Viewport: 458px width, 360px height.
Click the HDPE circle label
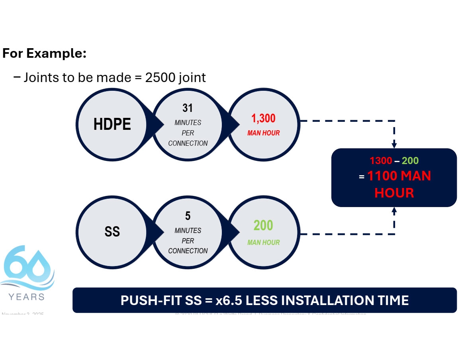pyautogui.click(x=112, y=124)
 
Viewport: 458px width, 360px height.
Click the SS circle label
pyautogui.click(x=112, y=232)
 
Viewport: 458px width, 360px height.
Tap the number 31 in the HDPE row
pyautogui.click(x=188, y=108)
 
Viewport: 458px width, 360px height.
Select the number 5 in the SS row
pyautogui.click(x=188, y=216)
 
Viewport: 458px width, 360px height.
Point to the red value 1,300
pyautogui.click(x=263, y=118)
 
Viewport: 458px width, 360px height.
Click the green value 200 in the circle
pyautogui.click(x=263, y=226)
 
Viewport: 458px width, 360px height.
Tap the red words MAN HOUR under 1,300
pyautogui.click(x=263, y=133)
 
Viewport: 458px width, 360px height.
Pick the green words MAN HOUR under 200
pyautogui.click(x=263, y=242)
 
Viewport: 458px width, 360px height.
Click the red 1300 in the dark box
pyautogui.click(x=381, y=161)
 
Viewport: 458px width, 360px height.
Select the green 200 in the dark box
pyautogui.click(x=410, y=161)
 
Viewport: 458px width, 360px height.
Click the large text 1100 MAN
pyautogui.click(x=399, y=176)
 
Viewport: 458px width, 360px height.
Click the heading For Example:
pyautogui.click(x=45, y=53)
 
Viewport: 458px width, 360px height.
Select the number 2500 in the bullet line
pyautogui.click(x=159, y=77)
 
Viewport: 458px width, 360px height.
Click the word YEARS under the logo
pyautogui.click(x=26, y=297)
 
